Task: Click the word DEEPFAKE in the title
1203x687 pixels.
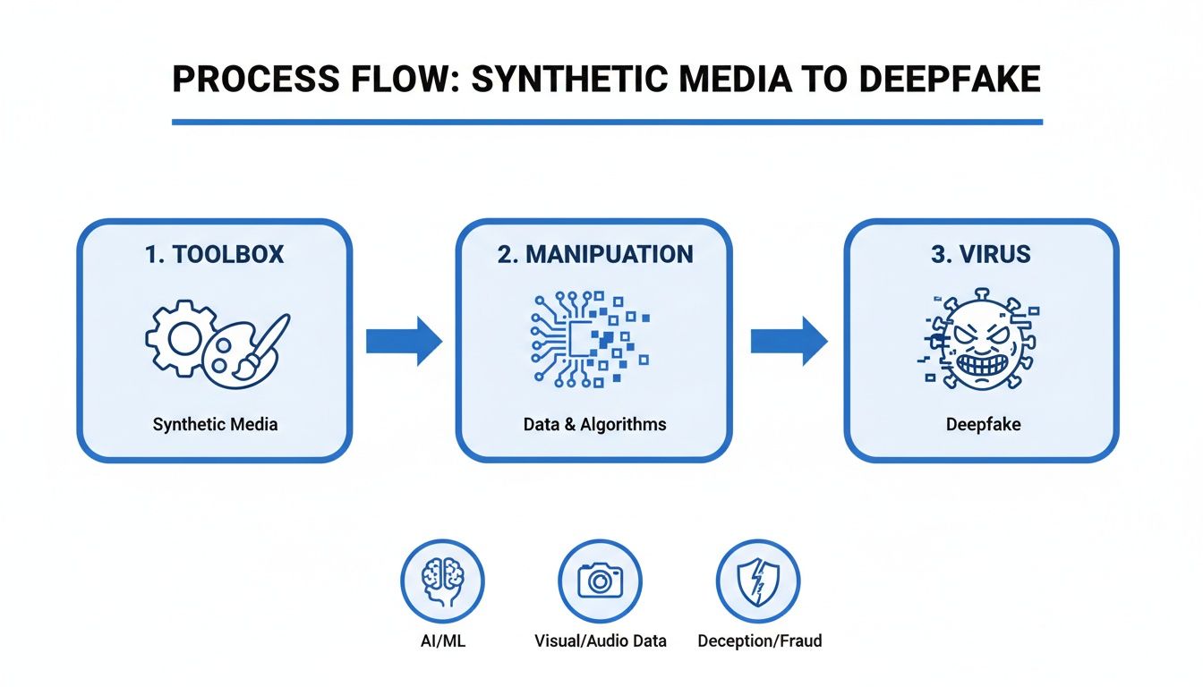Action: tap(950, 80)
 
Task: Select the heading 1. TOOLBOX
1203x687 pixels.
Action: tap(214, 254)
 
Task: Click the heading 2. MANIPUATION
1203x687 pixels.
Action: tap(595, 254)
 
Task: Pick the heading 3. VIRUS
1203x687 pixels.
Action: tap(982, 254)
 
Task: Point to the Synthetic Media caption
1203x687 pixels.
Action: tap(215, 424)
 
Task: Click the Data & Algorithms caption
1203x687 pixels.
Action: tap(594, 424)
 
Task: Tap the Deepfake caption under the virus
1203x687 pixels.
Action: tap(983, 424)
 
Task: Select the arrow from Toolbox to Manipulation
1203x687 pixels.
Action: tap(404, 341)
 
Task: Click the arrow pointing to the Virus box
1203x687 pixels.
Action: tap(789, 341)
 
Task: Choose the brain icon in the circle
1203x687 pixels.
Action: tap(442, 581)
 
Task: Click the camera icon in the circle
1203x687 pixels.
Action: tap(600, 581)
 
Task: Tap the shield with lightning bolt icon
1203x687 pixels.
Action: tap(759, 581)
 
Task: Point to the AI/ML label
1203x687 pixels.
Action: tap(442, 641)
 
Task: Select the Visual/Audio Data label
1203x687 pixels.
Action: tap(600, 641)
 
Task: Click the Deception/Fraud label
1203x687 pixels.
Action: tap(759, 641)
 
